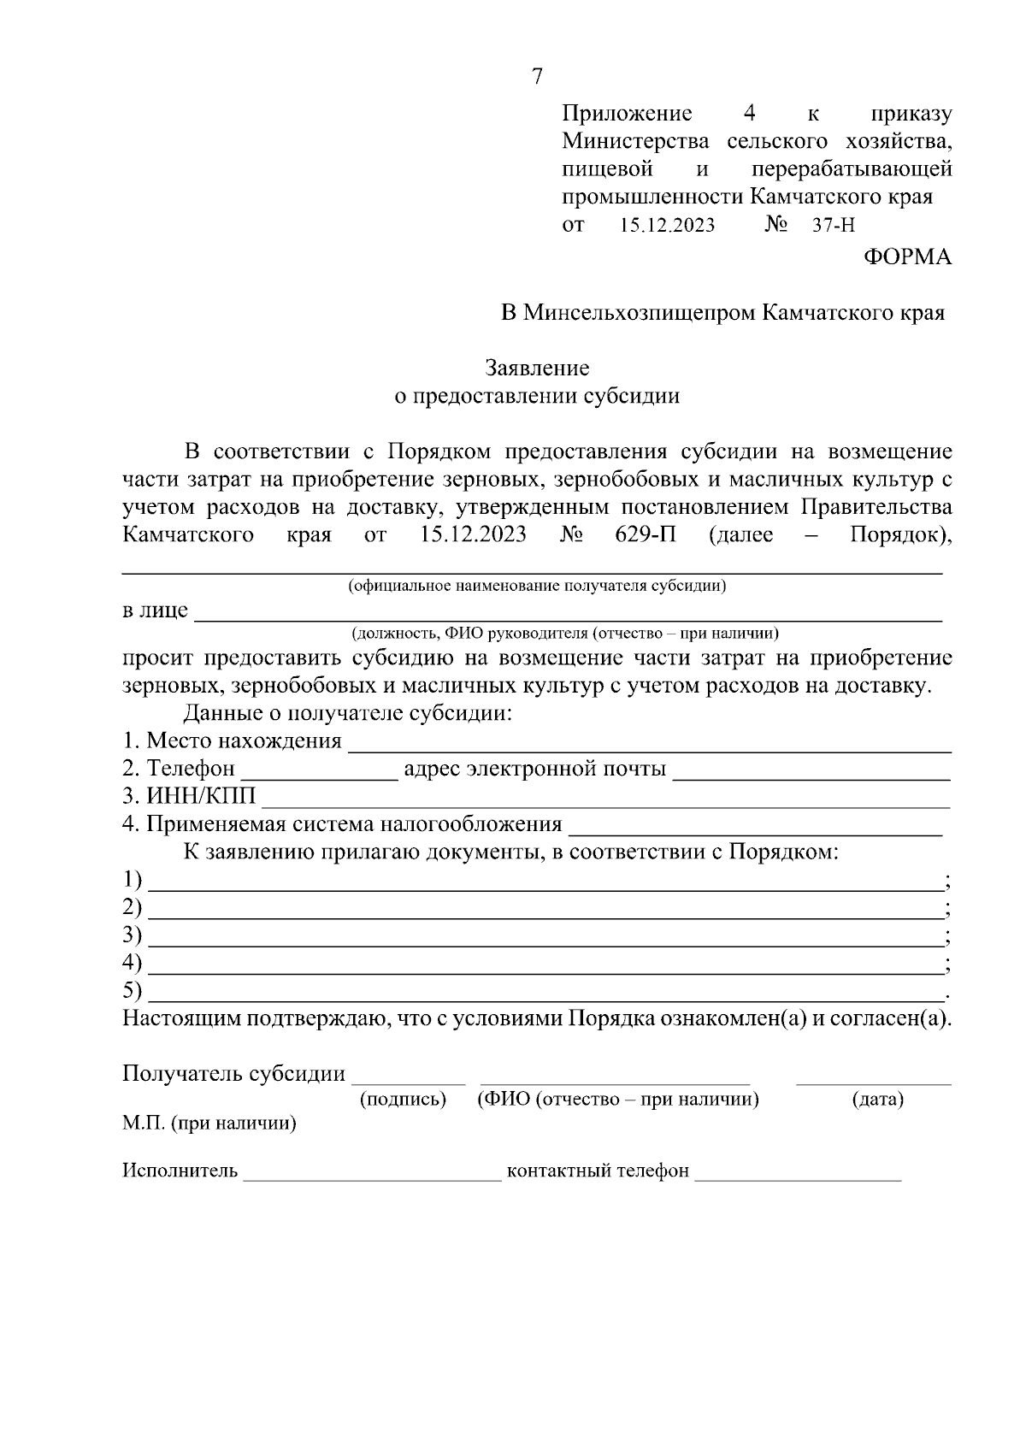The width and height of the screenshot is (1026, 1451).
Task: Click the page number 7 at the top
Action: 537,77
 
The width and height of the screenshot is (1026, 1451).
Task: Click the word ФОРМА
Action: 906,257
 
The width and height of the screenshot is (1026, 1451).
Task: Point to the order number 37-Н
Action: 833,226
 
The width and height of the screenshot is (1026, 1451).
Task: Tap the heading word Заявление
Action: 537,369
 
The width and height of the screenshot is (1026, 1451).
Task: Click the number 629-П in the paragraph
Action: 645,535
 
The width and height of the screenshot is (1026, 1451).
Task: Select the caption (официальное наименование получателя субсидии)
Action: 537,587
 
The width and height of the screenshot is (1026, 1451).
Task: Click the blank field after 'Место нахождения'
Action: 650,744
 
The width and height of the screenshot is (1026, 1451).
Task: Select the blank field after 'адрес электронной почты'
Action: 812,772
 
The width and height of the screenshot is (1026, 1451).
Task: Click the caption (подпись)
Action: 404,1100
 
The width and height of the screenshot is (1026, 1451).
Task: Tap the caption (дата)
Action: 877,1100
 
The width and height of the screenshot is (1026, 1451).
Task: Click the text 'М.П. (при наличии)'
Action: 209,1124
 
